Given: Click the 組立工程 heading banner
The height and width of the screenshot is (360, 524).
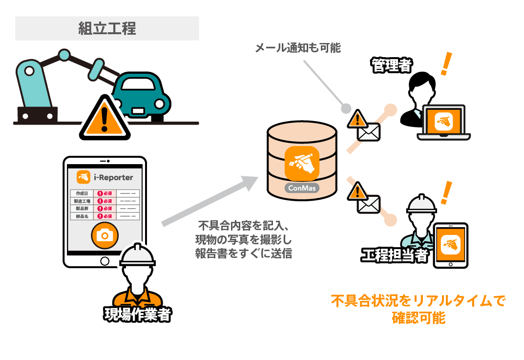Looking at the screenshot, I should [x=107, y=28].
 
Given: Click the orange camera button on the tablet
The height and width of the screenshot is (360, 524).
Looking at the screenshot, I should [x=105, y=235].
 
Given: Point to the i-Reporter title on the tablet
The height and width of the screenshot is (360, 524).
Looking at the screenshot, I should [x=113, y=177].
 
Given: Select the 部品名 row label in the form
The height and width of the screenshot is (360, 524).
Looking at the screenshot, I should [x=82, y=215].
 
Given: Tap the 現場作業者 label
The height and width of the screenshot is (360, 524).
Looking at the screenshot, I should [x=138, y=315].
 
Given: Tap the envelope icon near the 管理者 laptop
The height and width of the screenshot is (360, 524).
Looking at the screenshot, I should [x=368, y=131].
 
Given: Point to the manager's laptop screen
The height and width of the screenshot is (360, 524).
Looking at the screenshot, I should [x=444, y=121].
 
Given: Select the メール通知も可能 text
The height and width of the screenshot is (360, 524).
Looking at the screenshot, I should [x=298, y=48].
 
